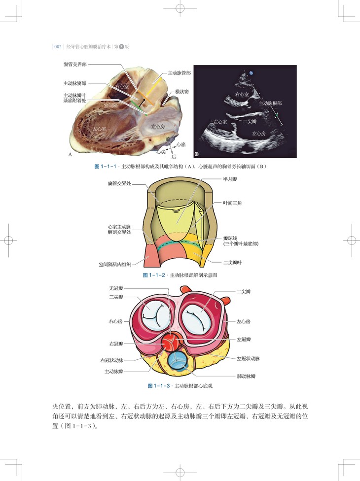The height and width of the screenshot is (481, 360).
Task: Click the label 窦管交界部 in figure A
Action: click(76, 65)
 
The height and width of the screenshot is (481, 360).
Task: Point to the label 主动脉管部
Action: click(179, 72)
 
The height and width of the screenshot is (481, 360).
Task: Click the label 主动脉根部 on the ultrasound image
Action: click(270, 104)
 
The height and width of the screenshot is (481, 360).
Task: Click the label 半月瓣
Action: click(230, 181)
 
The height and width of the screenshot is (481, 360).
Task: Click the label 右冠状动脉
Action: click(111, 360)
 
